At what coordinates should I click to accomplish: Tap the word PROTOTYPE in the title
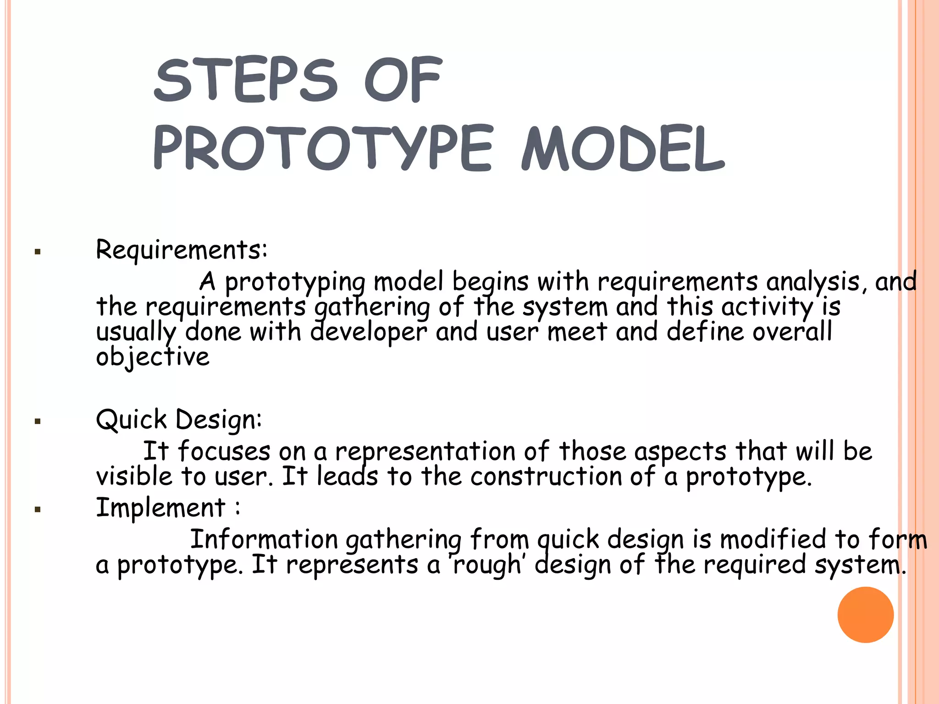[323, 148]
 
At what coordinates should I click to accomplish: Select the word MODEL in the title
[623, 148]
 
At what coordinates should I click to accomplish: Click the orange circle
[865, 614]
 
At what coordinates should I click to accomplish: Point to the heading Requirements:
[181, 250]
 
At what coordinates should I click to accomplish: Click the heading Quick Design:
[179, 420]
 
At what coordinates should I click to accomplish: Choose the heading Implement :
[167, 508]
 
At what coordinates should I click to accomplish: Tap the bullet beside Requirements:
[38, 252]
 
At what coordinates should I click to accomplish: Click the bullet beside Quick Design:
[38, 421]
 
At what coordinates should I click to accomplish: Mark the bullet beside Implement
[38, 509]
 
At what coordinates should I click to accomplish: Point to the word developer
[369, 332]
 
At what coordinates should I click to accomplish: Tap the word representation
[425, 452]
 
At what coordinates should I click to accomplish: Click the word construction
[546, 477]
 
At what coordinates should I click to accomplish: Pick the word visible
[134, 477]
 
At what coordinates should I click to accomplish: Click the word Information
[264, 539]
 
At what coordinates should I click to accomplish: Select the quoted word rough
[487, 565]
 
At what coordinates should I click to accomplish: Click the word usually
[136, 332]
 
